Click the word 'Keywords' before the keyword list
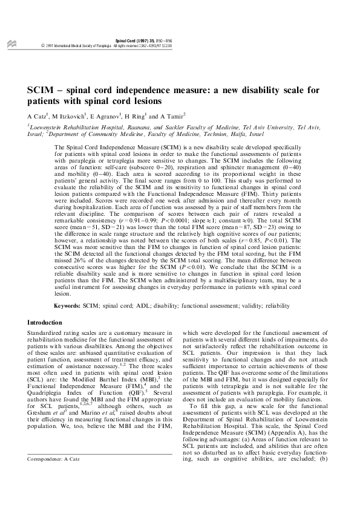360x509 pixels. coord(69,306)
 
